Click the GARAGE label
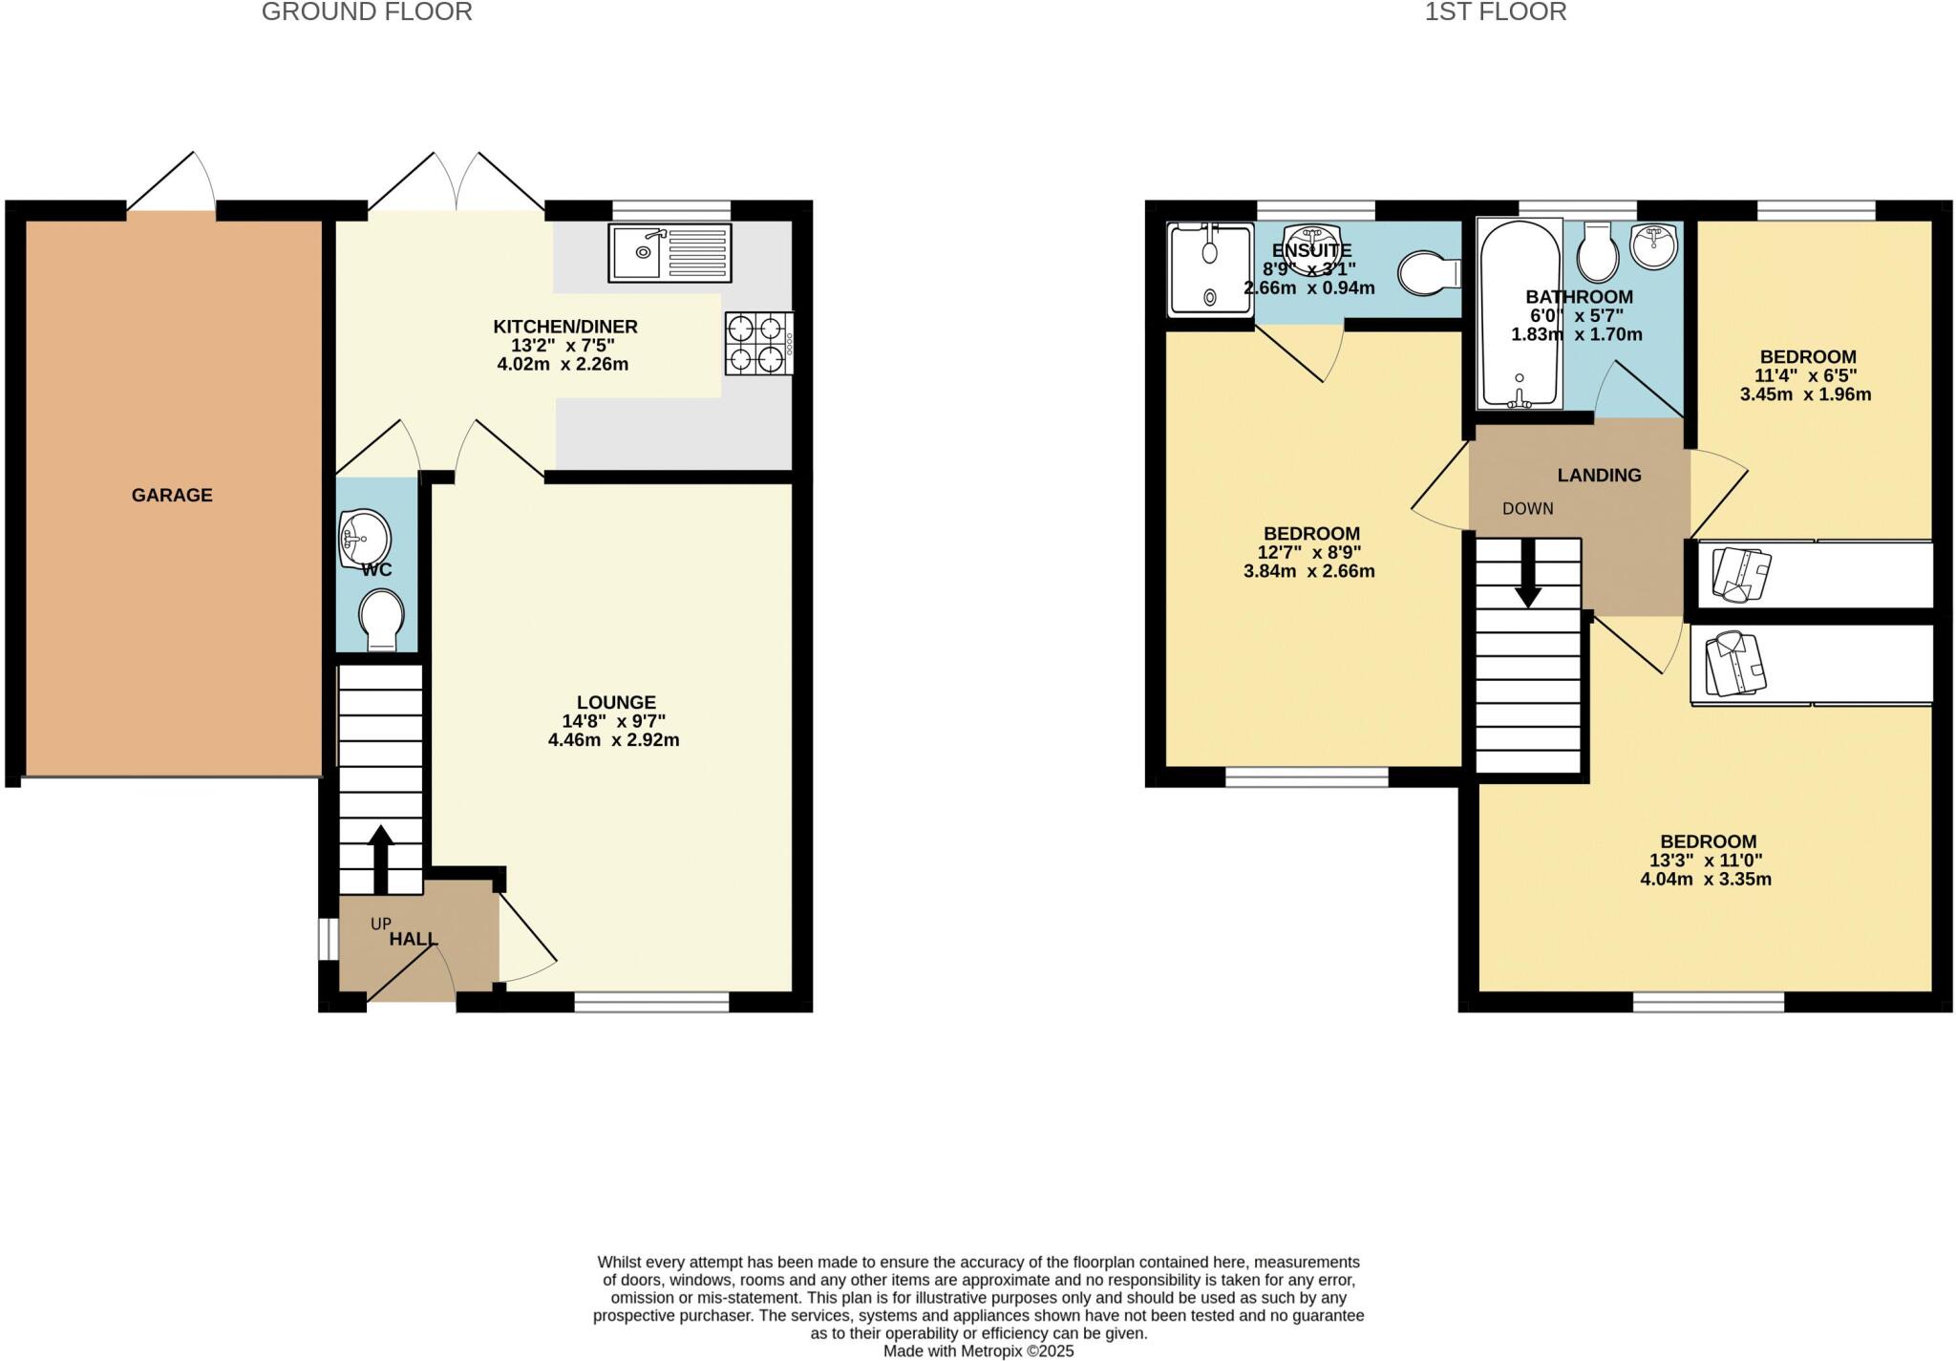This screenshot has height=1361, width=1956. (172, 495)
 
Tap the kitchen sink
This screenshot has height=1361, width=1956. (670, 253)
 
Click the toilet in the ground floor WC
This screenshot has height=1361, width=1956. (380, 619)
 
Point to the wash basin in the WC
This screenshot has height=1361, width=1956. (364, 539)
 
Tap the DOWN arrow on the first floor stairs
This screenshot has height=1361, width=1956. (1528, 573)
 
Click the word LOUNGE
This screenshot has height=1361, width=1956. (616, 702)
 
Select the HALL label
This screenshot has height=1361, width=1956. (413, 940)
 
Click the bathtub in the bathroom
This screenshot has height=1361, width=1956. (1519, 315)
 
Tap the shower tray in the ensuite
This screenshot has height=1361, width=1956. (1209, 269)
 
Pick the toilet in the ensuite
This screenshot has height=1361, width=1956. (1428, 274)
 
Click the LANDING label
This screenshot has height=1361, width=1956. (1599, 475)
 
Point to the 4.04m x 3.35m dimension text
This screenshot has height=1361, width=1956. (1705, 880)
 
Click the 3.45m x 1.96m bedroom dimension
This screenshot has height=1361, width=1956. (1805, 394)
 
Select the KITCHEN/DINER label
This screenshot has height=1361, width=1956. (564, 327)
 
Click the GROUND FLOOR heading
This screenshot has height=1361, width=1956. (367, 12)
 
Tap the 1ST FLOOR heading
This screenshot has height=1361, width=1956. (1495, 12)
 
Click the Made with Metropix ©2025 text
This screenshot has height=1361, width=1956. (978, 1350)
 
